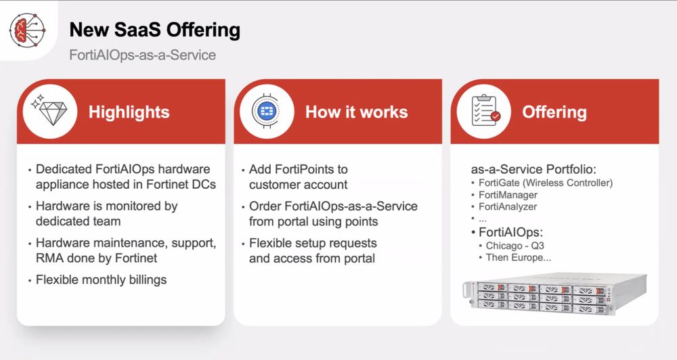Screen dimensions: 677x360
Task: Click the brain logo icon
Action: point(27,30)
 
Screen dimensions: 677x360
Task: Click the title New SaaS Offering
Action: point(154,30)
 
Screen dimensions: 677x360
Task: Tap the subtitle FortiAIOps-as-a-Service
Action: point(142,55)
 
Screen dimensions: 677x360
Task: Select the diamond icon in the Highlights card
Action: point(49,111)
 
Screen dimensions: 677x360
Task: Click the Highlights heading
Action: point(129,112)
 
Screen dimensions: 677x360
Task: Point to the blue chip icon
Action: point(266,112)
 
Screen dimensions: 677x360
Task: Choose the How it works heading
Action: point(356,112)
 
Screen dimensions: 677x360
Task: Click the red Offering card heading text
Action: point(554,112)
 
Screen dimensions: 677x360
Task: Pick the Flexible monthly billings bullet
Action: point(101,279)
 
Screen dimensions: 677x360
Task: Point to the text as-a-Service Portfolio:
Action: point(533,169)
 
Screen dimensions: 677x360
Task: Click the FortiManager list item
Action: point(508,195)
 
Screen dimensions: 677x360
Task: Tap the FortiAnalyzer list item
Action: point(508,207)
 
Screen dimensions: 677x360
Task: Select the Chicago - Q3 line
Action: point(515,246)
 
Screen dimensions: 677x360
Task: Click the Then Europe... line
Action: point(518,258)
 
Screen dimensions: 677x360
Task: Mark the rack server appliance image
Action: point(555,293)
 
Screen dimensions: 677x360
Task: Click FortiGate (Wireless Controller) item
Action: point(546,183)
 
